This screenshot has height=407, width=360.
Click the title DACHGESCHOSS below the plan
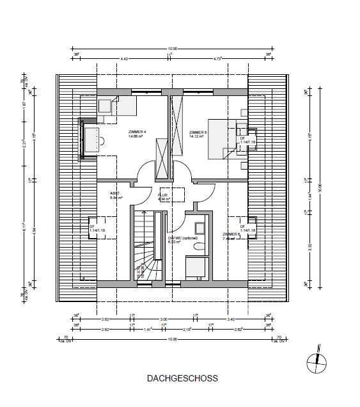[x=182, y=378]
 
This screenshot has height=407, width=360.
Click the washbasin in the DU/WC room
[x=198, y=228]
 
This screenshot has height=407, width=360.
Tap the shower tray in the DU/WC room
[x=195, y=267]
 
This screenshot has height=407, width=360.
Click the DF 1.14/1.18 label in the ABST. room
[x=98, y=228]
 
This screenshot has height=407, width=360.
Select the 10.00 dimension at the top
[x=172, y=48]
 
